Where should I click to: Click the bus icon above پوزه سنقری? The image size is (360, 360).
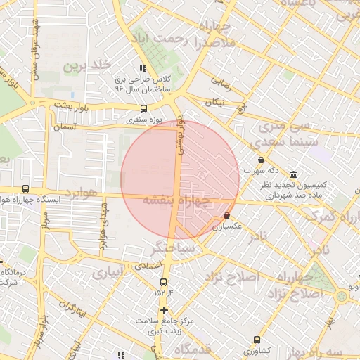[144, 108]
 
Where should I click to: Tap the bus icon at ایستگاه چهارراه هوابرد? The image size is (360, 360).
[26, 189]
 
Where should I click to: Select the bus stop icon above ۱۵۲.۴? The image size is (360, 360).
[160, 281]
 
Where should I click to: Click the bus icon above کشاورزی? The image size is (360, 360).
[257, 339]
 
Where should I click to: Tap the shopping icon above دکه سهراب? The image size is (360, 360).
[262, 160]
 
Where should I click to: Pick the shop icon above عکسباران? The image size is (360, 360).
[227, 215]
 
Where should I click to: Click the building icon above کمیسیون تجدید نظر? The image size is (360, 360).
[293, 174]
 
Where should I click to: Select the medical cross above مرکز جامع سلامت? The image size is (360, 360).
[164, 310]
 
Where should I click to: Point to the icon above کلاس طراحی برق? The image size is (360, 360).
[143, 69]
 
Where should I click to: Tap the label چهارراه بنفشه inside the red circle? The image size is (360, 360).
[176, 200]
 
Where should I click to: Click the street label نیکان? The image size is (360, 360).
[214, 103]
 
